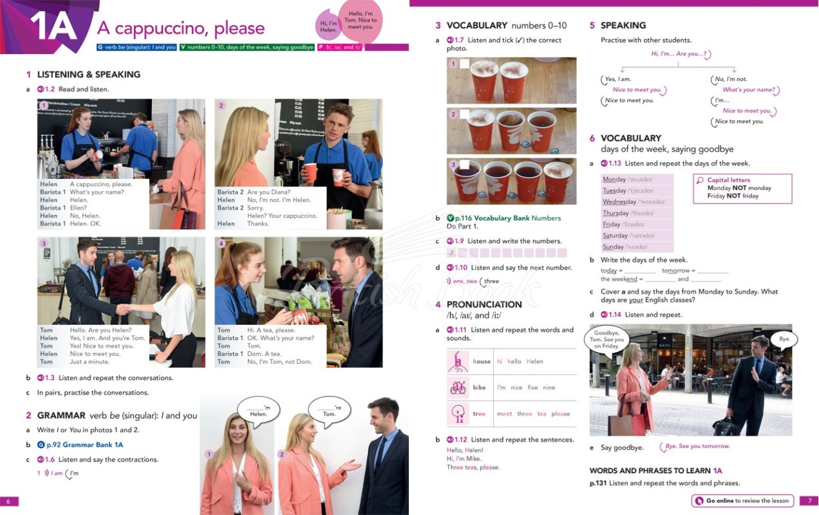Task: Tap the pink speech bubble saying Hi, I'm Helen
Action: (328, 26)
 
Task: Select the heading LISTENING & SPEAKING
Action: (88, 75)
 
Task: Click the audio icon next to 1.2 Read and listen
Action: (40, 89)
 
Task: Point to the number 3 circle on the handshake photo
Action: (44, 244)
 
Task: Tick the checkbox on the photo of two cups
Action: (464, 64)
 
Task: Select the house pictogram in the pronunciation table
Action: (458, 361)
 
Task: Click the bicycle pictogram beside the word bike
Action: (458, 388)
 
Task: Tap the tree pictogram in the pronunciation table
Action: (458, 413)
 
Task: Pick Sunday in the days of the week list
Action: (613, 247)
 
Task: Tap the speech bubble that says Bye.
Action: (784, 339)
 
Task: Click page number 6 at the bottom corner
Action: (8, 501)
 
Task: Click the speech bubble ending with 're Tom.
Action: (329, 410)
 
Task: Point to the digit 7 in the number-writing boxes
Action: (452, 253)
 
